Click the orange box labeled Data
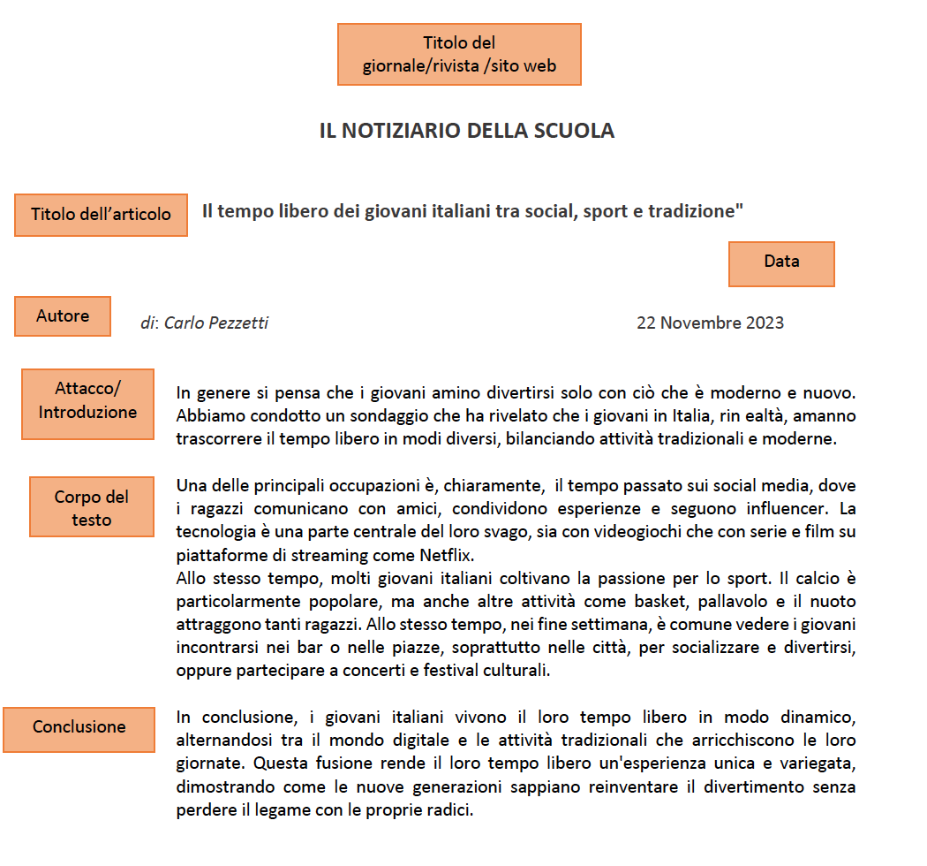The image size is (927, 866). [781, 263]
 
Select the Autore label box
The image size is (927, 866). [63, 316]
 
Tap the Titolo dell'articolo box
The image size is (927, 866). [101, 215]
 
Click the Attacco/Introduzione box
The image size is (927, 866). [87, 403]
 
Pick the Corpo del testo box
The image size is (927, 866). [92, 507]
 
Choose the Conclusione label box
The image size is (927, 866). [79, 728]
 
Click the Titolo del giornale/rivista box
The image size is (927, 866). [459, 54]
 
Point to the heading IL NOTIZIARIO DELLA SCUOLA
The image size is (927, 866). [466, 131]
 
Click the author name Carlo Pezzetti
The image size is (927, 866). [216, 323]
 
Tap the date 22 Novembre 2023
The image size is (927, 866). [710, 323]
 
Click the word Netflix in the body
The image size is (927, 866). [444, 556]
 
